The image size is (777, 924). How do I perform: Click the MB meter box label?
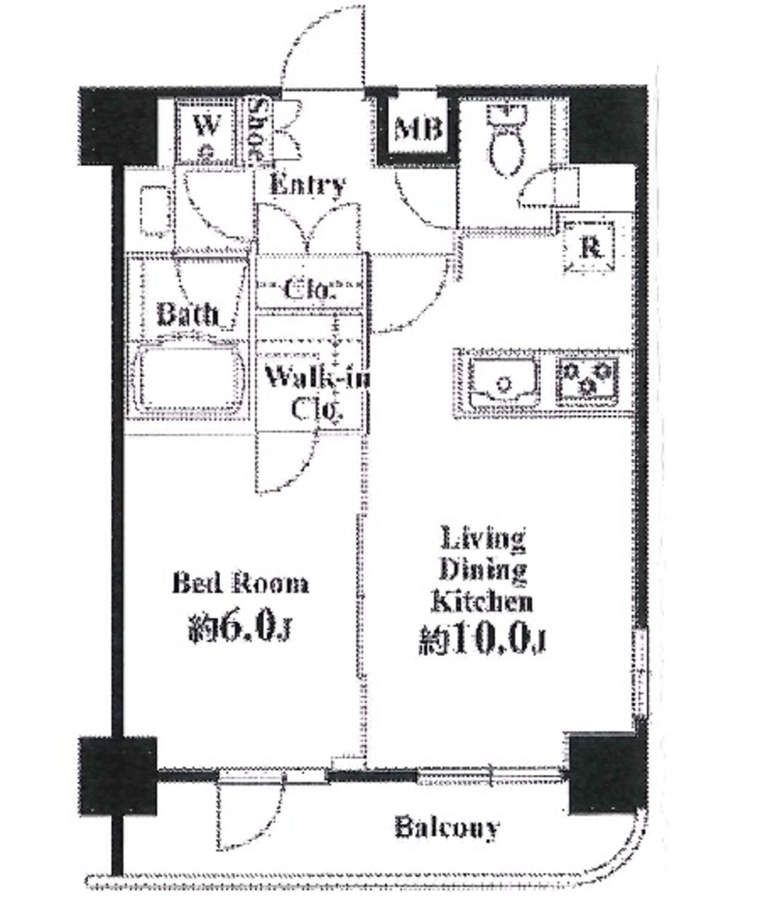[x=418, y=129]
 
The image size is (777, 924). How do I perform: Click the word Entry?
[x=307, y=185]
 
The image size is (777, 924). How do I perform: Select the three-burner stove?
[x=587, y=382]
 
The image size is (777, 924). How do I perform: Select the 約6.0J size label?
[x=239, y=628]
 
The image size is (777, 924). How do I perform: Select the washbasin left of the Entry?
[x=155, y=212]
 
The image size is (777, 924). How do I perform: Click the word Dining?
[x=483, y=571]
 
